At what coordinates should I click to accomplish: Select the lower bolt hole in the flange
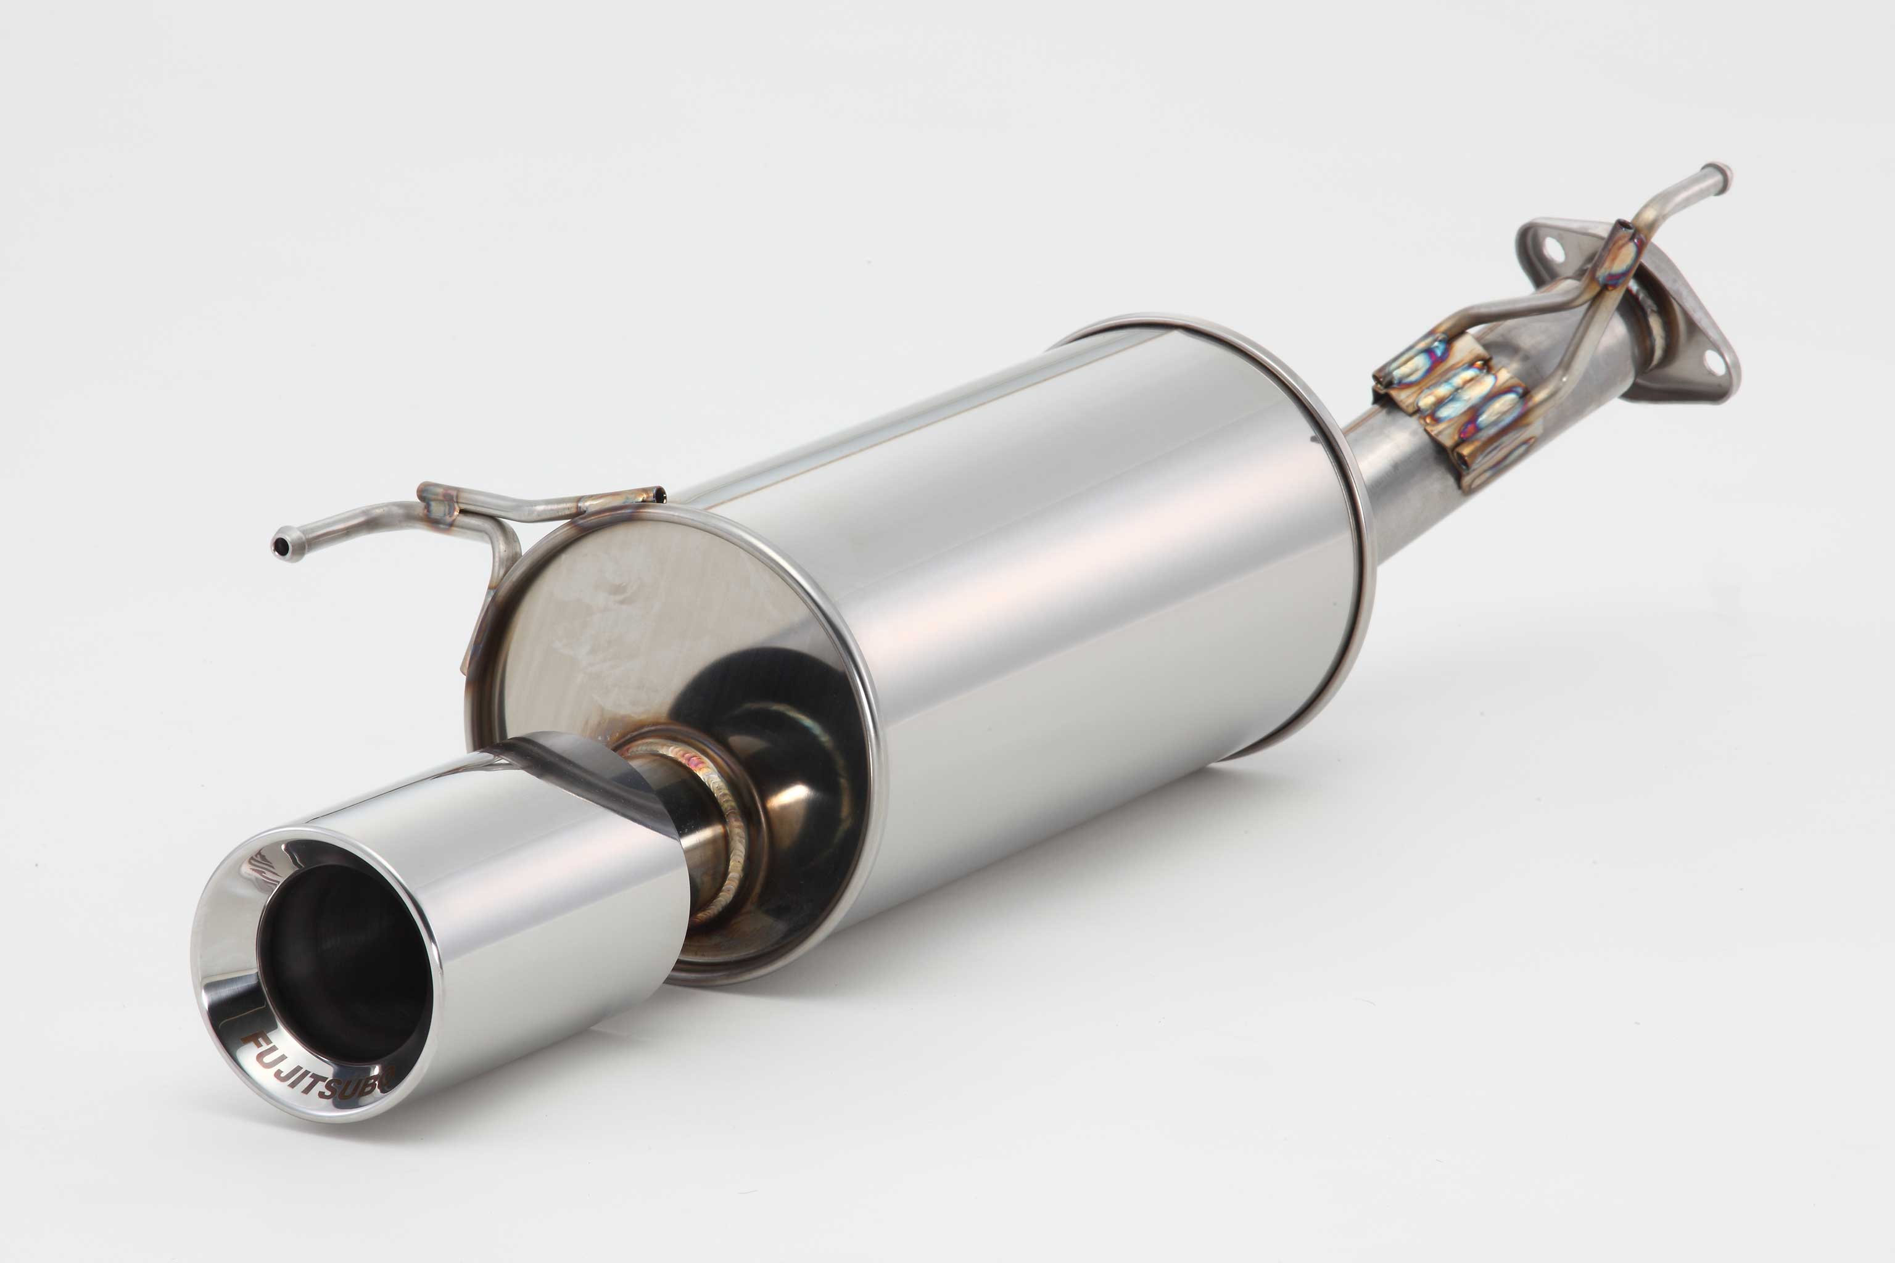(1714, 363)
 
